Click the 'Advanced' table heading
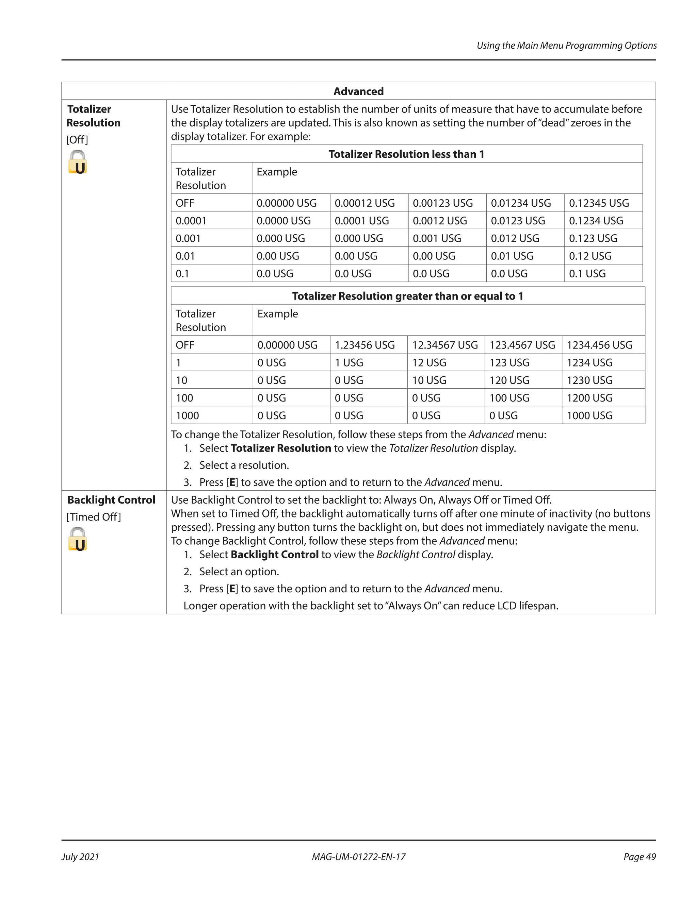[x=358, y=91]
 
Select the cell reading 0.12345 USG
[x=599, y=203]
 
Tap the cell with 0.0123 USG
[x=517, y=221]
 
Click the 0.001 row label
[x=188, y=238]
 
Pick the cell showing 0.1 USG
[x=587, y=273]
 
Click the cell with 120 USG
[x=509, y=380]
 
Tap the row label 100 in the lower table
[x=184, y=398]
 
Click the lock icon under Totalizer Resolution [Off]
[x=78, y=162]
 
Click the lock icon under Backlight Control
[x=78, y=539]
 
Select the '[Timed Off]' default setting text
[x=94, y=517]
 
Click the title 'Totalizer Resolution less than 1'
[x=406, y=154]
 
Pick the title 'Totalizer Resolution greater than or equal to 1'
[x=407, y=296]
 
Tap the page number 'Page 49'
[x=639, y=857]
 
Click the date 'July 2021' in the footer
[x=81, y=857]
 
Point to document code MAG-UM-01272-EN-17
[x=358, y=857]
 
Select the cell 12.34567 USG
[x=445, y=345]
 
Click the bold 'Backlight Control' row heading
[x=111, y=500]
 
